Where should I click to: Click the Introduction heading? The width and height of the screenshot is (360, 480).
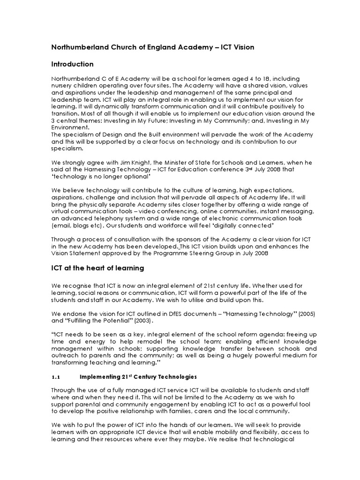tap(72, 64)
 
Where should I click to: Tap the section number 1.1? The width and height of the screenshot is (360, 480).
tap(56, 377)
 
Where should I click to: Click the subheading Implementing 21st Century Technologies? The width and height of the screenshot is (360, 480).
tap(138, 377)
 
